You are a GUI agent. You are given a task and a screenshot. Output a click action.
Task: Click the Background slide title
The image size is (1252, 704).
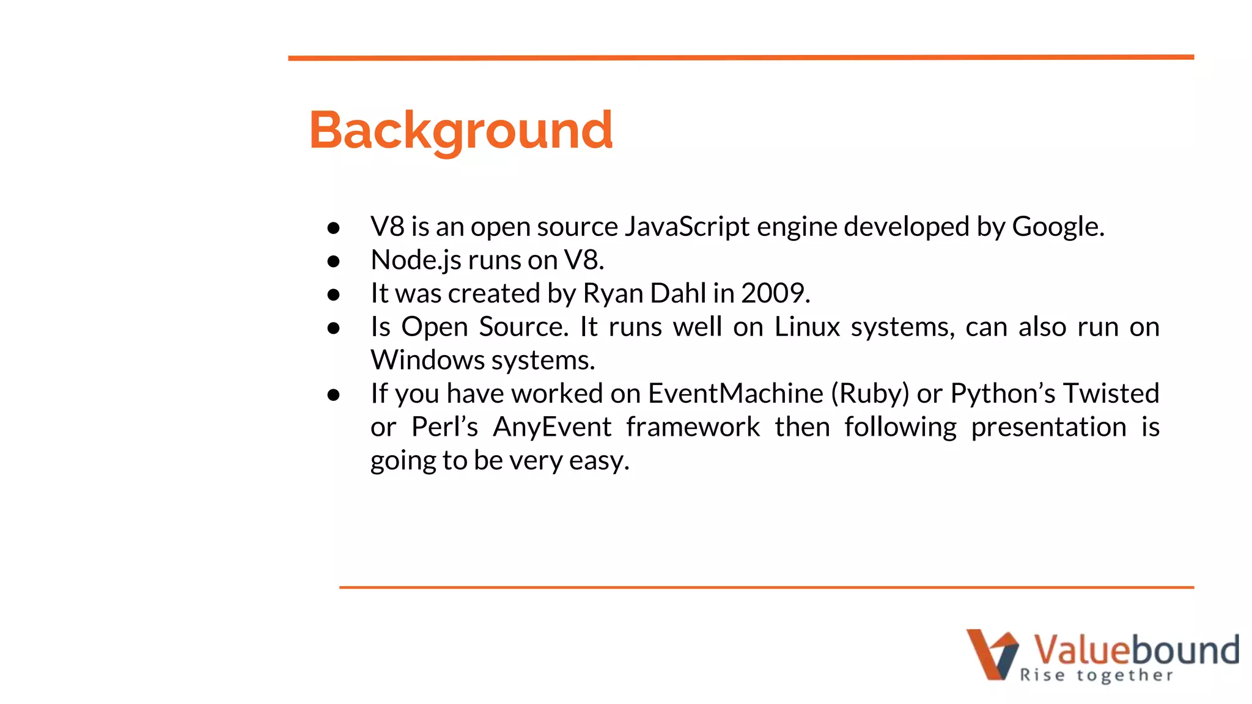point(460,130)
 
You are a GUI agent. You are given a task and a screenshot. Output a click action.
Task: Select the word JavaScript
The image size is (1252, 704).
point(687,227)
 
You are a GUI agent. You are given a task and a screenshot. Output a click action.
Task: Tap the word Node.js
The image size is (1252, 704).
point(416,260)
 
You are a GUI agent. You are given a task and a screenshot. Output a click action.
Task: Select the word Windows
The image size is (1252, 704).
point(427,360)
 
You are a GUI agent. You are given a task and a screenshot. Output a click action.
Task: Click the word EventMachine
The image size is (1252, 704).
point(735,394)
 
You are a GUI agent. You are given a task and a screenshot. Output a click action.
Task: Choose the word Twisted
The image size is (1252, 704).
point(1111,394)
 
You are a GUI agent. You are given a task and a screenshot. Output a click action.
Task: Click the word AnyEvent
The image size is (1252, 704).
point(552,427)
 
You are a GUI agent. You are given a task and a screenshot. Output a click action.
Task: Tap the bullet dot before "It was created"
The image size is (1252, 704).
point(333,295)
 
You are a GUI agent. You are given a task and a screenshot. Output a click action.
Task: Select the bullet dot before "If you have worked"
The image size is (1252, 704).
point(333,395)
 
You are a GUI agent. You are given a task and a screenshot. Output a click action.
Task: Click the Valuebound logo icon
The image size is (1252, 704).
point(992,654)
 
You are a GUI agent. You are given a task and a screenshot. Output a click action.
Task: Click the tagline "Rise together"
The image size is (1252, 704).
point(1096,675)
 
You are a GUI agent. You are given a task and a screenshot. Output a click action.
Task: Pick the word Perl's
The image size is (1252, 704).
point(444,427)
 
